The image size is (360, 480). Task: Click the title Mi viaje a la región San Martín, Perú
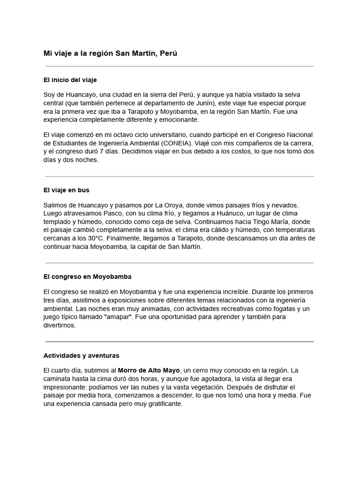[110, 53]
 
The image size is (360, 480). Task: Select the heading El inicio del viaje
[70, 80]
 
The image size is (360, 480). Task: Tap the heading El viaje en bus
[66, 190]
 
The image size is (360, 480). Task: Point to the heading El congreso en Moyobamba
[87, 277]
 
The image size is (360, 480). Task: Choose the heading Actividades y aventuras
[81, 356]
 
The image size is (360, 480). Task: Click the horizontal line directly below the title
[180, 67]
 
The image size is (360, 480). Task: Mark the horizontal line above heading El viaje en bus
[180, 177]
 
